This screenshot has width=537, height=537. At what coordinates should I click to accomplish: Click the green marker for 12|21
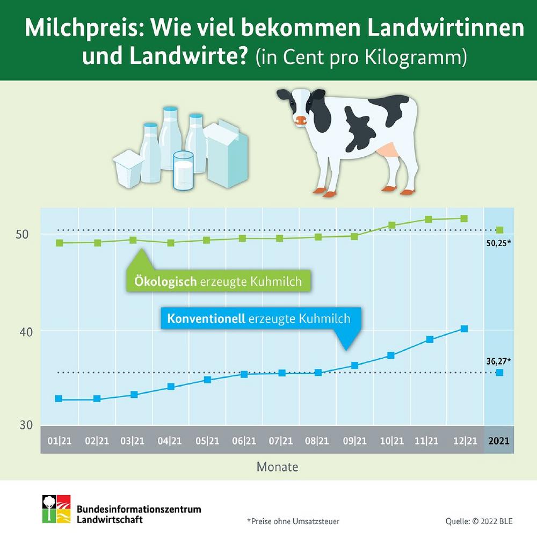(465, 219)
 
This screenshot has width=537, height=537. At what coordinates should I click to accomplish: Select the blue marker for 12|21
(465, 329)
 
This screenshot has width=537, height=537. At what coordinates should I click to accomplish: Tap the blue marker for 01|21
(59, 399)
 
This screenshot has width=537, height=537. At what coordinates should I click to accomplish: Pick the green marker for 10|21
(392, 225)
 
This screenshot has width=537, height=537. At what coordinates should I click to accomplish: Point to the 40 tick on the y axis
(26, 331)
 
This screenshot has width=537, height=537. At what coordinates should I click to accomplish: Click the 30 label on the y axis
(26, 425)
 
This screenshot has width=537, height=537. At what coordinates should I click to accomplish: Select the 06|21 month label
(244, 441)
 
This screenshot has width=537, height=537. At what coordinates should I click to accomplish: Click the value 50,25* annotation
(497, 243)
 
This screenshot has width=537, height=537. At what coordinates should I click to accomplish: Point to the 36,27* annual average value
(497, 360)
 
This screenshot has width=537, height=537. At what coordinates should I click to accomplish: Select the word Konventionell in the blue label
(206, 318)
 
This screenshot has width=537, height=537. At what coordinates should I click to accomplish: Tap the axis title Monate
(277, 467)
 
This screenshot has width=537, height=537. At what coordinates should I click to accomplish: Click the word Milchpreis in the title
(83, 29)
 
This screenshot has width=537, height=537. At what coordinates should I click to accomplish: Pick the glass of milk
(183, 170)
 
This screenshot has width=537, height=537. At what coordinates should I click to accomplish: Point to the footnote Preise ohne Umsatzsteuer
(293, 521)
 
